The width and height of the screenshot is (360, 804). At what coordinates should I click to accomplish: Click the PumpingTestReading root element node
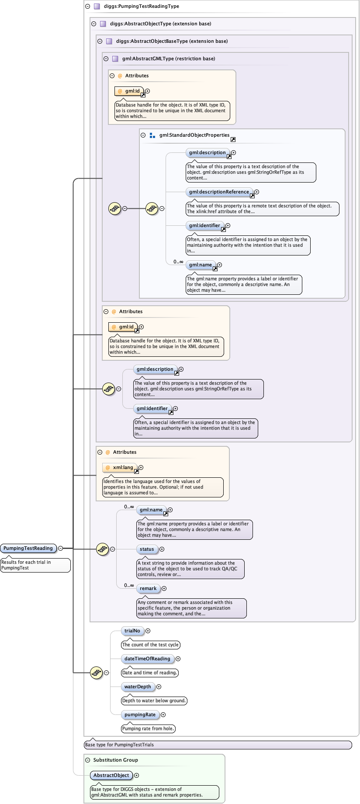coord(28,548)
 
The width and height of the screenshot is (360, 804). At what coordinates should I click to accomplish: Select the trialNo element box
coord(132,631)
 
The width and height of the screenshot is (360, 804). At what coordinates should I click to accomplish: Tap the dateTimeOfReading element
coord(147,659)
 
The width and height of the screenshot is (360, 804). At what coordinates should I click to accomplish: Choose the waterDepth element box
coord(138,687)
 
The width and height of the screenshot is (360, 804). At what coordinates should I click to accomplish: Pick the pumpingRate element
coord(140,714)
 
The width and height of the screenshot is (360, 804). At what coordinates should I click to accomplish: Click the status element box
coord(147,549)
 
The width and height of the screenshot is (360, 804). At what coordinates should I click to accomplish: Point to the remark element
coord(148,588)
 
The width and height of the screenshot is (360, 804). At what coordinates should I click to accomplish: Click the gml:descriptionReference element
coord(219,192)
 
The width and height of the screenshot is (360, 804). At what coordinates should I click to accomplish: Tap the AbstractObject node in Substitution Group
coord(111,775)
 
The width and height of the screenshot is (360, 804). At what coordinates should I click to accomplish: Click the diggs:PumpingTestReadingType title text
coord(142,6)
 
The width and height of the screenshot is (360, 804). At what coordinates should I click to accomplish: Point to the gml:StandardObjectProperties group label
coord(194,135)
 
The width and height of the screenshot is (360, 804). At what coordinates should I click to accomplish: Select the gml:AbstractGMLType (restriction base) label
coord(169,59)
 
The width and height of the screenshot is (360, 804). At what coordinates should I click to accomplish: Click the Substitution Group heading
coord(115,760)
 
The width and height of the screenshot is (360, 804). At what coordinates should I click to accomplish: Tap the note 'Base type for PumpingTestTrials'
coord(119,745)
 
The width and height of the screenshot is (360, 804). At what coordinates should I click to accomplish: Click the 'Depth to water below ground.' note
coord(154,700)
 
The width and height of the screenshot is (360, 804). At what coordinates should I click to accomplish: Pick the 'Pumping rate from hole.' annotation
coord(148,728)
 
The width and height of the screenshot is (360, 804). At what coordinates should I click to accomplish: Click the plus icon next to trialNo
coord(148,631)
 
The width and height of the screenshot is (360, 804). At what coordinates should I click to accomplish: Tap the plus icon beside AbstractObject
coord(136,775)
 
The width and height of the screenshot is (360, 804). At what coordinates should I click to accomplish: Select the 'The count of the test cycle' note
coord(150,645)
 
